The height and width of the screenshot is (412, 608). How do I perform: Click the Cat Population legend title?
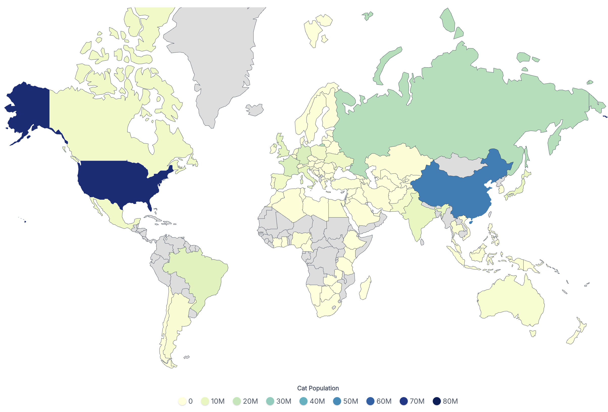pyautogui.click(x=318, y=388)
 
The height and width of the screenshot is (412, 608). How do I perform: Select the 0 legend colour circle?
pyautogui.click(x=182, y=401)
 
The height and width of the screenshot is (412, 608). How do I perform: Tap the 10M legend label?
pyautogui.click(x=218, y=401)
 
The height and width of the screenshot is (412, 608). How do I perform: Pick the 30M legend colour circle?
pyautogui.click(x=270, y=401)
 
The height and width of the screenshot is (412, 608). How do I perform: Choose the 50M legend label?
pyautogui.click(x=350, y=401)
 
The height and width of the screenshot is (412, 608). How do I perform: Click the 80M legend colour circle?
pyautogui.click(x=437, y=401)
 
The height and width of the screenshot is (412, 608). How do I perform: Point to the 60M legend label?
pyautogui.click(x=384, y=401)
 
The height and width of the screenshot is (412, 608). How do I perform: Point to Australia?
pyautogui.click(x=510, y=301)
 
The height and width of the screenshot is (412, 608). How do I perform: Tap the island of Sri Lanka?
pyautogui.click(x=422, y=242)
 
